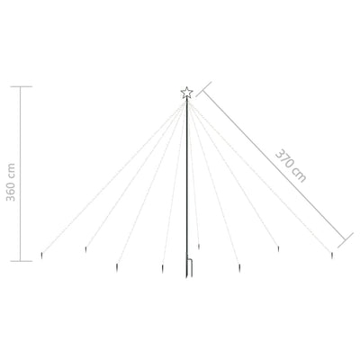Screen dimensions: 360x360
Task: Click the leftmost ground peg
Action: coord(43,259)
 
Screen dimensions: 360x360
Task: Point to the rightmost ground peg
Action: coord(332,257)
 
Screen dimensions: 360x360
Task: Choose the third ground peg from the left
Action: coord(117,265)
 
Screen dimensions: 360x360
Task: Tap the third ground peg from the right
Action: coord(239,266)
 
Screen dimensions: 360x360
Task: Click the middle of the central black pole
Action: coord(188,180)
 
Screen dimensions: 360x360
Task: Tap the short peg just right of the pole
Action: coord(198,245)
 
